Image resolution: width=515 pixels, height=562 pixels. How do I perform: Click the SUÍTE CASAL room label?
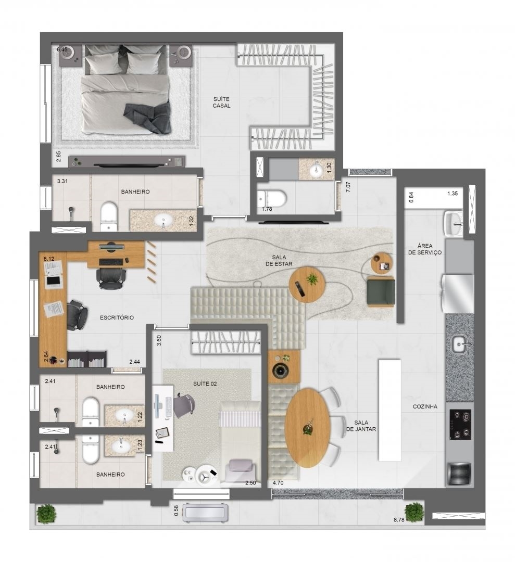[221, 102]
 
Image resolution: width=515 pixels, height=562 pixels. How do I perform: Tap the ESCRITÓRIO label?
[117, 317]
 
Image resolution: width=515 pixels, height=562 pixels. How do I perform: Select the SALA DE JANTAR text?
[361, 426]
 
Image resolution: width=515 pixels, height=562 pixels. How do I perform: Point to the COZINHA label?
[425, 406]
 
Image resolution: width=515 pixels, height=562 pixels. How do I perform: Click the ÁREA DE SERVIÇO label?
[424, 249]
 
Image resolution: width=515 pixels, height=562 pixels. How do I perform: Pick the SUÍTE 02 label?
[205, 384]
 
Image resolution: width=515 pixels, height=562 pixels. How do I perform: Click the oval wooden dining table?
[308, 428]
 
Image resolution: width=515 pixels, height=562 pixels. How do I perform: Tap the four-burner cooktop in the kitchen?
[460, 425]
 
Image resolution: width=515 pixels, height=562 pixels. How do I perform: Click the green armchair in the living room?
[381, 292]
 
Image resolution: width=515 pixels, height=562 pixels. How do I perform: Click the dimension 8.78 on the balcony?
[399, 519]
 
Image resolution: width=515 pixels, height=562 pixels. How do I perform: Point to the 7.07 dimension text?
[348, 187]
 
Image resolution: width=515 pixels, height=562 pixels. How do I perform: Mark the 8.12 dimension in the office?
[49, 259]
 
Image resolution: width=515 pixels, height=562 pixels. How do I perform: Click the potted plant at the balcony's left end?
[46, 514]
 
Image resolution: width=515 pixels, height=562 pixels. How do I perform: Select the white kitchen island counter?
[390, 410]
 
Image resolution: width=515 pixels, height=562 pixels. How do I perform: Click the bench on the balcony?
[205, 513]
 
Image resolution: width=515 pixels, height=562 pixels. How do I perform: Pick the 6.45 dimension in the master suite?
[62, 49]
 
